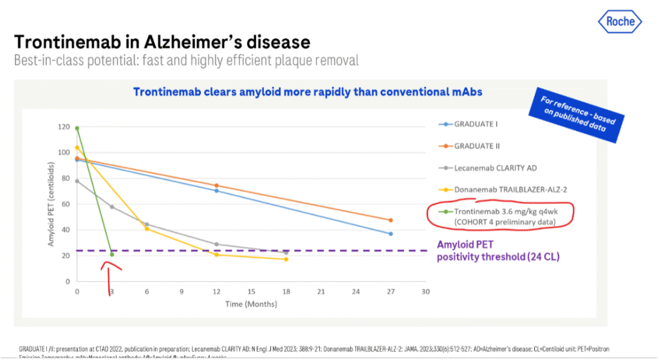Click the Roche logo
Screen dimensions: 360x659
click(620, 21)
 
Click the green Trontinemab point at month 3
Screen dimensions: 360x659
click(112, 254)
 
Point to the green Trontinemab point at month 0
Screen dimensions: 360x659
click(77, 128)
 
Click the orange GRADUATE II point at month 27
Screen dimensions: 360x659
click(391, 220)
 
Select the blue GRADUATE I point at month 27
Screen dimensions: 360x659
click(391, 234)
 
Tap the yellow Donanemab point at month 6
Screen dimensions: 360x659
click(147, 229)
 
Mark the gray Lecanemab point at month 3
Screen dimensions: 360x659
click(112, 207)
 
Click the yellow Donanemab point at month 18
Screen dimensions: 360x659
click(286, 259)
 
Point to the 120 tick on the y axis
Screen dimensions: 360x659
click(64, 127)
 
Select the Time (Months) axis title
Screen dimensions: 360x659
click(251, 304)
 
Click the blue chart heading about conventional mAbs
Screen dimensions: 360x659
click(308, 91)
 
